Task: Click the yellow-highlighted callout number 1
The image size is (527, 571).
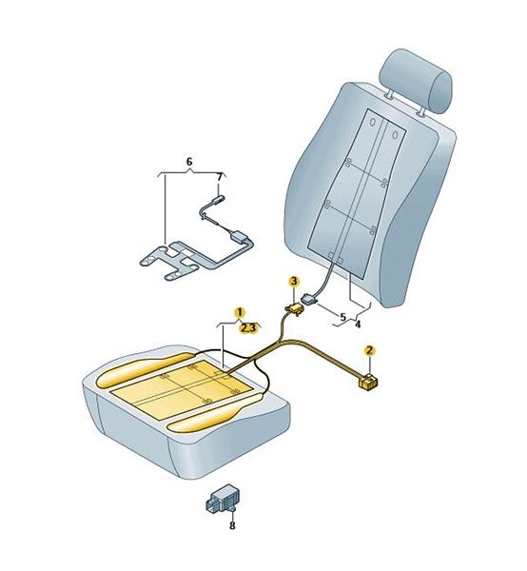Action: [240, 312]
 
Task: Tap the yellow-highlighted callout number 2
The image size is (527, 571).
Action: [370, 350]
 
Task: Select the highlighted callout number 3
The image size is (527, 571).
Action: [294, 281]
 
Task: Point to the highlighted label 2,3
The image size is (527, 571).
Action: [248, 328]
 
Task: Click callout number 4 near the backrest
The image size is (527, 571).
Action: [358, 324]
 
